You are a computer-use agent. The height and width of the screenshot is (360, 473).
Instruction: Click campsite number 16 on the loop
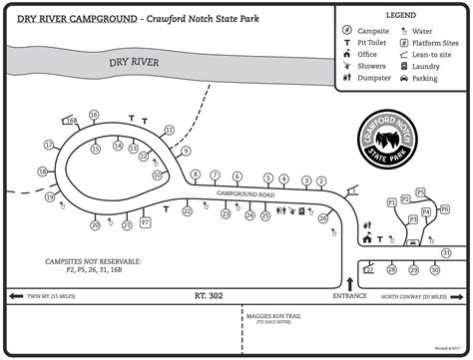(x=93, y=116)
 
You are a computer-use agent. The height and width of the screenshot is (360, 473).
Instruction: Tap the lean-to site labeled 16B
(x=71, y=122)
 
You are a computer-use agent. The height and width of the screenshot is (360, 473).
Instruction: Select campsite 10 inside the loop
(x=157, y=174)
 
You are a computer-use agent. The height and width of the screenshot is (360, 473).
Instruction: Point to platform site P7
(x=146, y=222)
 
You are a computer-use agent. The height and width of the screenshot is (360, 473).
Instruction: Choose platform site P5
(x=419, y=192)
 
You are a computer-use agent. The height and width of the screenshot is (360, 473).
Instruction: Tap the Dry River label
(x=135, y=63)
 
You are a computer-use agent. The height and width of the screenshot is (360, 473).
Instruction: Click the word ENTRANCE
(x=349, y=296)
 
